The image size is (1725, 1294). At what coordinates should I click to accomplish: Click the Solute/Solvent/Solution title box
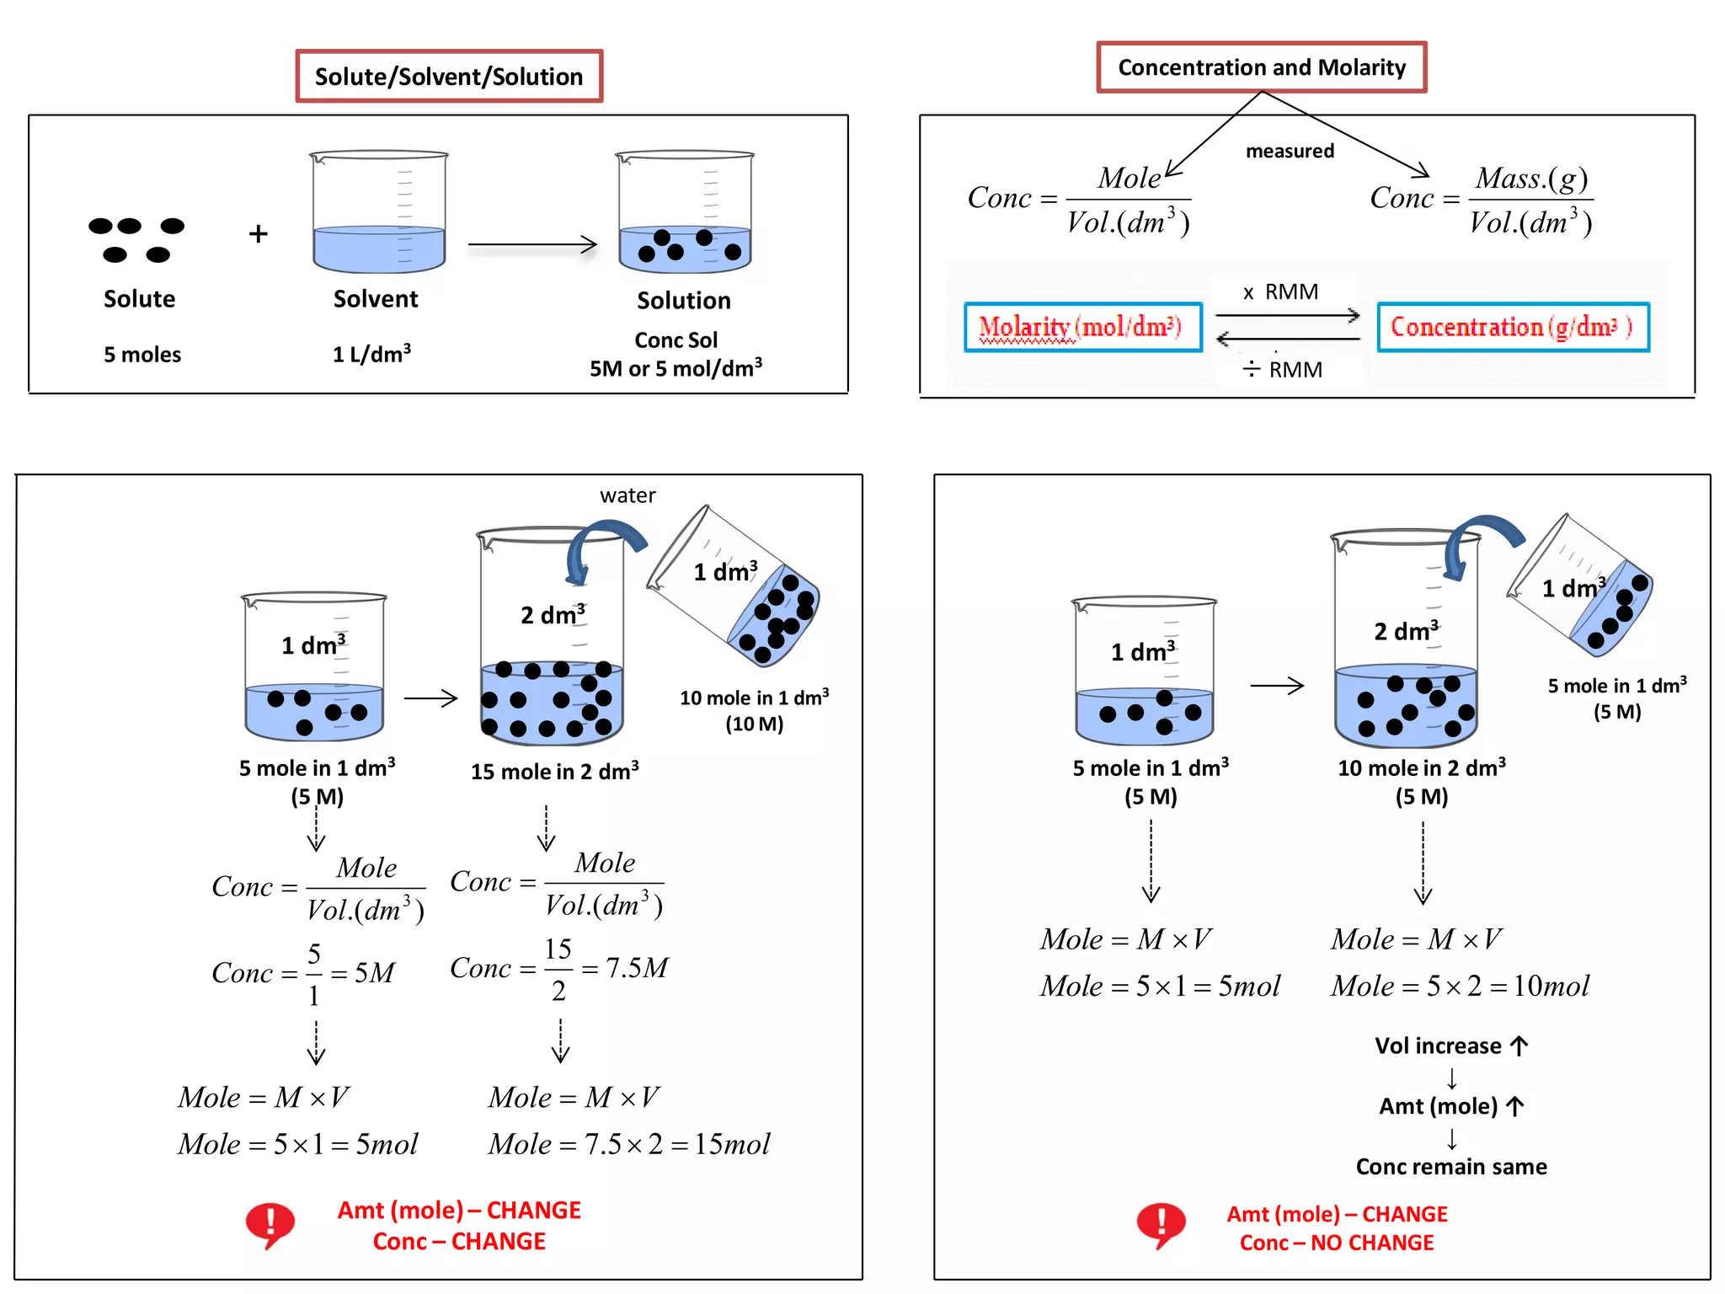(449, 77)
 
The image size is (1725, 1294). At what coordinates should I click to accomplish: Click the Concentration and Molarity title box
(1261, 67)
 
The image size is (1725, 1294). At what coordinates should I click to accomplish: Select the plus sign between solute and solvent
(259, 234)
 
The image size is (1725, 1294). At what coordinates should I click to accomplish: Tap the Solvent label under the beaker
(376, 299)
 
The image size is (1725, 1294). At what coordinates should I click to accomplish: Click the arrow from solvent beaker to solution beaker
(532, 245)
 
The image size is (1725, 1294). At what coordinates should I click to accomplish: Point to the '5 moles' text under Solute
(142, 355)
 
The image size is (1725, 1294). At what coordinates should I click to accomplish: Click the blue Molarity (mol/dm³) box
(1082, 327)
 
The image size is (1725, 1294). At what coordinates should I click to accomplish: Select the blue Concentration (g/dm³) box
(1513, 327)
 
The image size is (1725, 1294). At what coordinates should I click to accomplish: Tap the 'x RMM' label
(1281, 292)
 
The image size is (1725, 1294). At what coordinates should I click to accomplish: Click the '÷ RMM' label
(1283, 370)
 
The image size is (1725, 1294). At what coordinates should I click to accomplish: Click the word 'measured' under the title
(1290, 152)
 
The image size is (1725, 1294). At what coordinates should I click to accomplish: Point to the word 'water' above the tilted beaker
(628, 495)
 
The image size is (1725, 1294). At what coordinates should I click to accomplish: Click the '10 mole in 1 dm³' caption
(754, 698)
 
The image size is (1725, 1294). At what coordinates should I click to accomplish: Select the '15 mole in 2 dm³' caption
(554, 772)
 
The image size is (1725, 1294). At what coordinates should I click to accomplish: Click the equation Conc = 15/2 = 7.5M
(559, 969)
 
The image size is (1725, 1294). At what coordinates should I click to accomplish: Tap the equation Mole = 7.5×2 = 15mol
(629, 1144)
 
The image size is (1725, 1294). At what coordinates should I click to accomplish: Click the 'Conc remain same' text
(1450, 1167)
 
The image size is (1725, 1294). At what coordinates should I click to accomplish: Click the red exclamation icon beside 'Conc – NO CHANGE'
(1161, 1225)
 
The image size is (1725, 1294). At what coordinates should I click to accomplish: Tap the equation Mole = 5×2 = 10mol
(1460, 986)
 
